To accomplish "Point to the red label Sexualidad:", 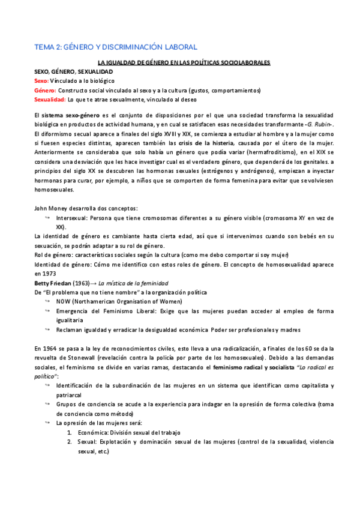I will (50, 100).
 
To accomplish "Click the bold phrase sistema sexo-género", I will (65, 115).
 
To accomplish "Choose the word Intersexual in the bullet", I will (73, 217).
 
